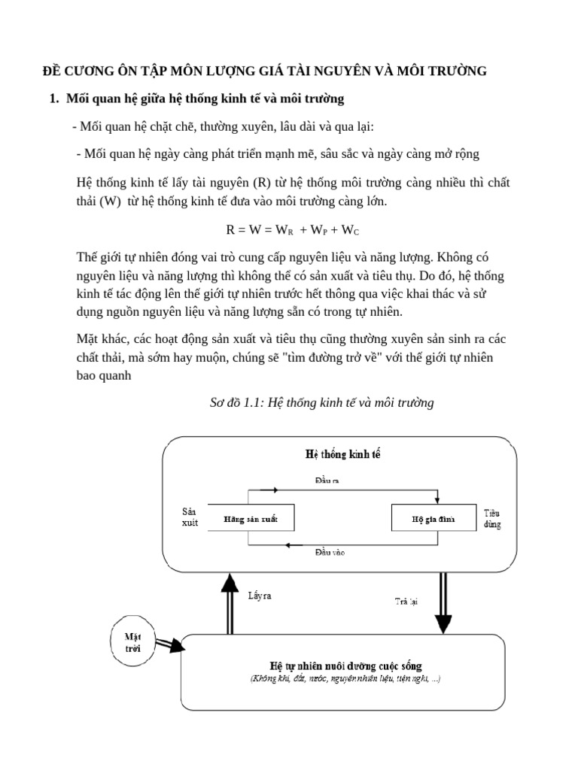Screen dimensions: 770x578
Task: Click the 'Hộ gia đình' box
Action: pos(433,519)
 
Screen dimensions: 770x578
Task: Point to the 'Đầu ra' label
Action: pos(327,480)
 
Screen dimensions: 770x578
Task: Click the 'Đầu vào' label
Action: pos(330,553)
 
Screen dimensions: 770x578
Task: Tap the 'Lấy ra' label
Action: pos(260,596)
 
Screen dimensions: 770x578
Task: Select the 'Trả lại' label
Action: pos(407,601)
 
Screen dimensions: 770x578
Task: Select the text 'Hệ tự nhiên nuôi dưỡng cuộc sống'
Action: pos(345,665)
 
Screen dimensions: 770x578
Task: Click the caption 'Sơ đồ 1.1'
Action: pos(321,403)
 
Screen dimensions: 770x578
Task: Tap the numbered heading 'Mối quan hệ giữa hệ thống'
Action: pos(205,99)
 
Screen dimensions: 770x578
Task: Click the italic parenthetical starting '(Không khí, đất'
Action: pos(345,679)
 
